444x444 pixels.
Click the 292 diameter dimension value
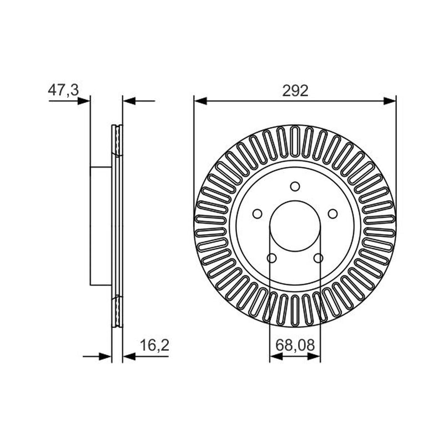[295, 91]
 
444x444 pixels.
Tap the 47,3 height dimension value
[63, 90]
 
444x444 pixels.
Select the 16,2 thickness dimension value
[155, 345]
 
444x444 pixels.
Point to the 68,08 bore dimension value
[295, 345]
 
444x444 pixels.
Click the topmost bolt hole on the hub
[295, 186]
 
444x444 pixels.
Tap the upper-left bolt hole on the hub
[257, 214]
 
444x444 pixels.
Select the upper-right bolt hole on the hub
[332, 214]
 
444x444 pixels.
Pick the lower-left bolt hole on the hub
[271, 258]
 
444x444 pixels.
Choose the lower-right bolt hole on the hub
[318, 258]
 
